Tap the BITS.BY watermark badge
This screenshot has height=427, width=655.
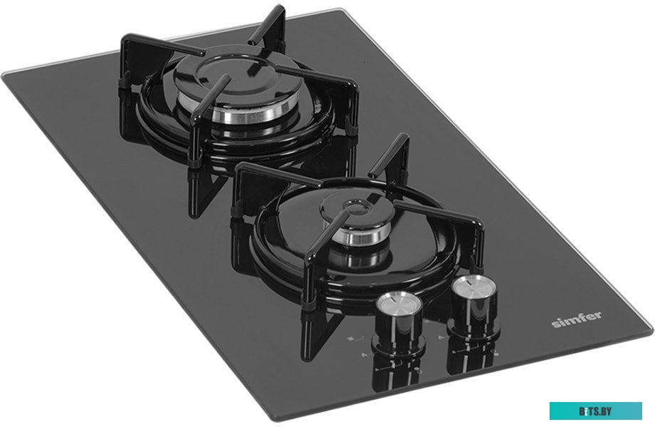tap(595, 411)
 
